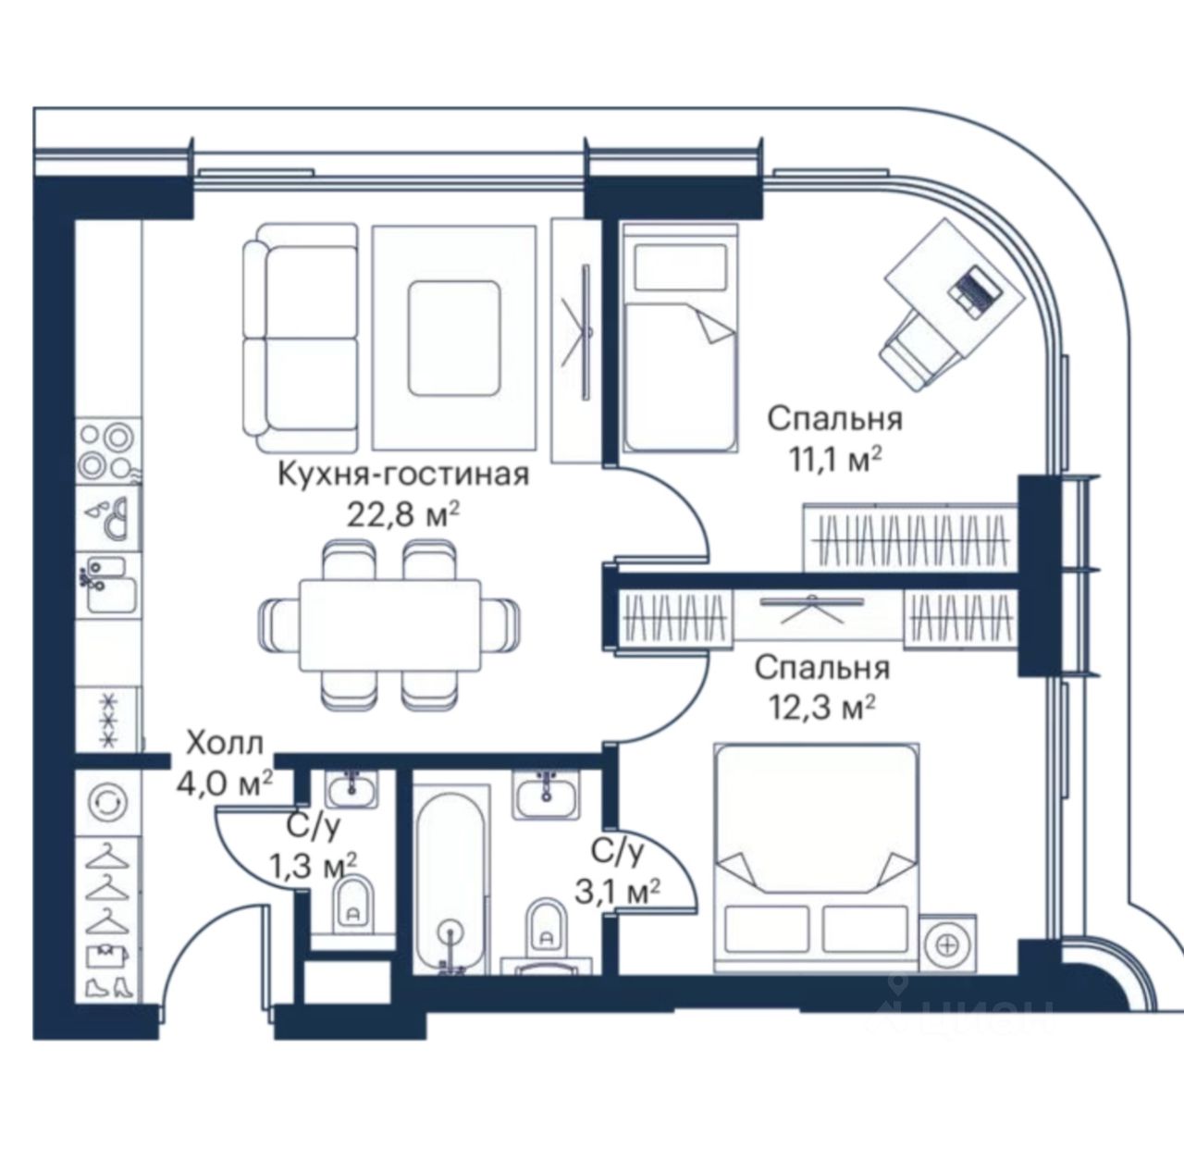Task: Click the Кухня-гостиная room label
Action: pyautogui.click(x=403, y=475)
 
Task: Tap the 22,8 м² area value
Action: pyautogui.click(x=403, y=515)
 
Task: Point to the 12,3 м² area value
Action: pyautogui.click(x=822, y=708)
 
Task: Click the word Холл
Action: pyautogui.click(x=225, y=743)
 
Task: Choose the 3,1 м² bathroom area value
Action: pyautogui.click(x=617, y=891)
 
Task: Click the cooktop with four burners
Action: pyautogui.click(x=108, y=450)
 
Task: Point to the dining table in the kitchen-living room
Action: pyautogui.click(x=389, y=625)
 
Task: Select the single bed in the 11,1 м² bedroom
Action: pyautogui.click(x=679, y=339)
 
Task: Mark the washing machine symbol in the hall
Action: pyautogui.click(x=108, y=802)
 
